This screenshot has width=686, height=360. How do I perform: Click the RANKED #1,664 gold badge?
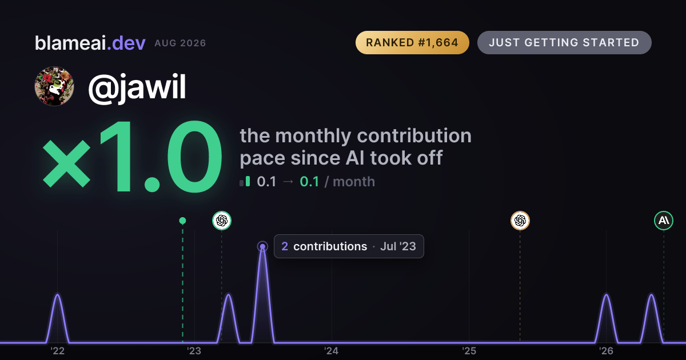[412, 42]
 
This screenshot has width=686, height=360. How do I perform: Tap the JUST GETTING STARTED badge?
[564, 42]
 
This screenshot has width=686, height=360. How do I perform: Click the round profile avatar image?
[54, 86]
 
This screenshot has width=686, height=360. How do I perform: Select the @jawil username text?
[137, 87]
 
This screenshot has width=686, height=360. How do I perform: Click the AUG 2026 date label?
[180, 43]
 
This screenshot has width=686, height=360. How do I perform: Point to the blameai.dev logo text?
[90, 43]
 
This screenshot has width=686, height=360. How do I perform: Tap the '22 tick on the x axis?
[58, 351]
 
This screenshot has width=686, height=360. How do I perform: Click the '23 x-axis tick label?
[194, 351]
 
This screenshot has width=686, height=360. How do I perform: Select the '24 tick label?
[332, 351]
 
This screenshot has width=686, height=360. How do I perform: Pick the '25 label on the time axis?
[469, 351]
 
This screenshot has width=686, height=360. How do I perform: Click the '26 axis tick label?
[606, 351]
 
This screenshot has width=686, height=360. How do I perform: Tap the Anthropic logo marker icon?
[664, 221]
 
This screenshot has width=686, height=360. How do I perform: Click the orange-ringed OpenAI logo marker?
[520, 221]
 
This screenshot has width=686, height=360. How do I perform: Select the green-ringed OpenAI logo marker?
[222, 221]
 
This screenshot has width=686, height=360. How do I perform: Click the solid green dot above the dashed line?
[182, 221]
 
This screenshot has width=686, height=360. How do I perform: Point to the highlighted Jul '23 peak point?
[262, 246]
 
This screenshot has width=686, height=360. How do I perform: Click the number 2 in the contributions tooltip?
[285, 246]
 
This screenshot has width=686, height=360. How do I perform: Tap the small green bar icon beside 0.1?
[248, 181]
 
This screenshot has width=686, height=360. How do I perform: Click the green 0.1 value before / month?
[309, 182]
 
